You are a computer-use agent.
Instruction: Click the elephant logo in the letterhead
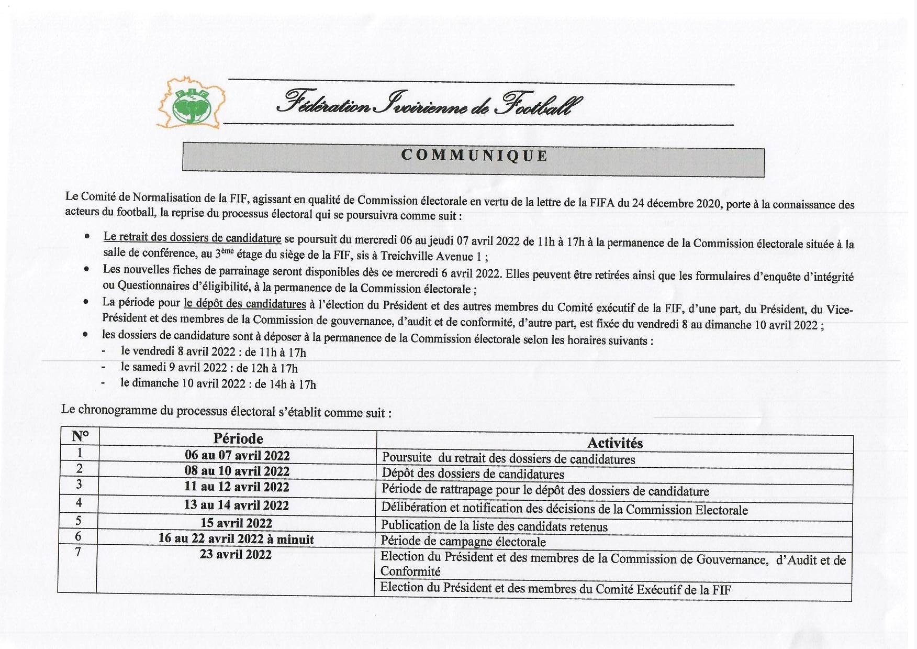click(191, 103)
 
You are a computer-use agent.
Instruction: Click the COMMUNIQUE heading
click(474, 156)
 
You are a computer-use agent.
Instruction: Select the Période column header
click(238, 438)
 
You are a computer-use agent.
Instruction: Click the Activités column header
click(614, 443)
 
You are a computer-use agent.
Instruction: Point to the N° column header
click(80, 436)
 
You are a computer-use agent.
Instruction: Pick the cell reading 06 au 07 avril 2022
click(237, 455)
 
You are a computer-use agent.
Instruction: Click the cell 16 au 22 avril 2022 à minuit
click(236, 539)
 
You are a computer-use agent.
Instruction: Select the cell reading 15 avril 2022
click(236, 523)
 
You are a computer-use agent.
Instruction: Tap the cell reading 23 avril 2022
click(236, 554)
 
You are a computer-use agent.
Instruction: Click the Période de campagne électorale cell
click(463, 542)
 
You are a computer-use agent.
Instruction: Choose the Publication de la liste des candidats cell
click(494, 526)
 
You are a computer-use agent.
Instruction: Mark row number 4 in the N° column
click(79, 503)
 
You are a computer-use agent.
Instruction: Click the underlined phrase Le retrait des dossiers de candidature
click(192, 237)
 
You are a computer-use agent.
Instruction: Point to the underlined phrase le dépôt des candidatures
click(244, 304)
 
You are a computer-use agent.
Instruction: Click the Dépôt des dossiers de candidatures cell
click(473, 475)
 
